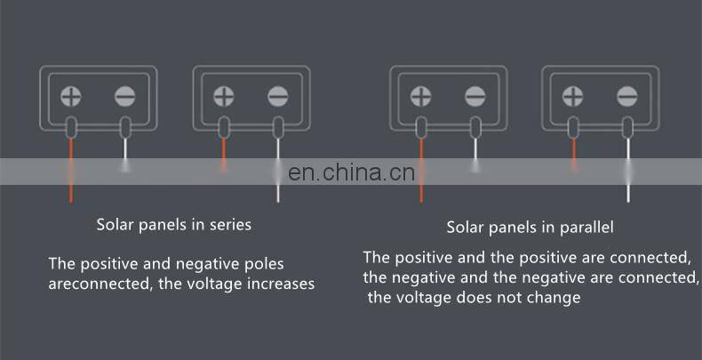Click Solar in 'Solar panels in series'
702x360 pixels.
click(x=116, y=225)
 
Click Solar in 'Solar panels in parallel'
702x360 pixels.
click(x=467, y=228)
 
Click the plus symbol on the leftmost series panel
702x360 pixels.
click(x=71, y=95)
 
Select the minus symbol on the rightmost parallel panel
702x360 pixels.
click(x=627, y=95)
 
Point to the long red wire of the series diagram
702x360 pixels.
click(x=70, y=169)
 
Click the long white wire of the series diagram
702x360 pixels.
click(x=279, y=169)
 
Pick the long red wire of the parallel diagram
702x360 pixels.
click(x=421, y=169)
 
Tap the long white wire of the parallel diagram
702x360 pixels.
click(x=628, y=169)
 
